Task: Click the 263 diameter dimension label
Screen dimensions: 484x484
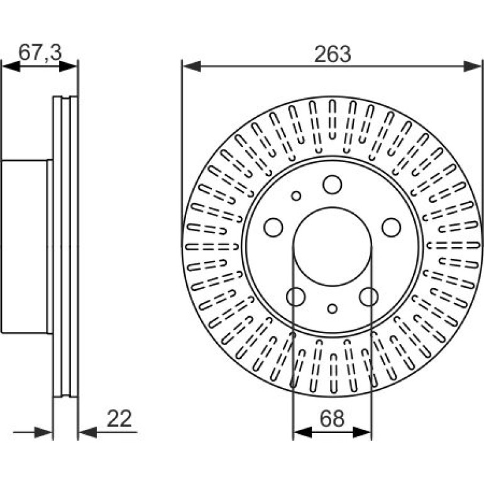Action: coord(333,54)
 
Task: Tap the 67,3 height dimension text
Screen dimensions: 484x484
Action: coord(40,52)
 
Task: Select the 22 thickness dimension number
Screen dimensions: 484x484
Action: coord(119,419)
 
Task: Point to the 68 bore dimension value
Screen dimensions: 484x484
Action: coord(332,419)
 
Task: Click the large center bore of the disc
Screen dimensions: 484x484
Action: coord(332,246)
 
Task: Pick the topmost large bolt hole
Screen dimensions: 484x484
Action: coord(332,185)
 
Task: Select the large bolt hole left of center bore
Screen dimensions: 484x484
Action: coord(273,228)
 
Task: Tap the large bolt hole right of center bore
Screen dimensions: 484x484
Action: coord(391,228)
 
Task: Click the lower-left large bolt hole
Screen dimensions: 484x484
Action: coord(295,297)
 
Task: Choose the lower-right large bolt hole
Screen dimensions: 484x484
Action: coord(368,297)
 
